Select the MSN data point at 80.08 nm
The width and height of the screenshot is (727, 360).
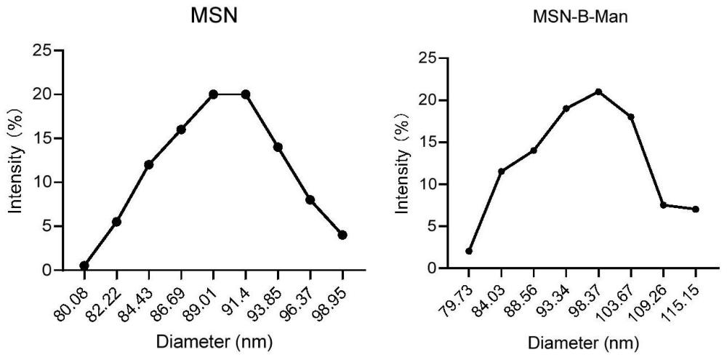84,266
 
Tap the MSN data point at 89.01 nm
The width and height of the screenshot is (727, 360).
213,94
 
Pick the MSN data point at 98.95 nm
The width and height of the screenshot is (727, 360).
342,235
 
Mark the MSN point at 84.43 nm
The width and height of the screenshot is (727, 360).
149,164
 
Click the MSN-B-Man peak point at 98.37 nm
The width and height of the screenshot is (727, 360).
598,92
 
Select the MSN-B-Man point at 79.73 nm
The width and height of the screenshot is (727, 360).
469,252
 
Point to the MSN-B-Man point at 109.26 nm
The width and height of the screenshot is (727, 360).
663,205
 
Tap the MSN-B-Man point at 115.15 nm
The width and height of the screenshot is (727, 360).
696,209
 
